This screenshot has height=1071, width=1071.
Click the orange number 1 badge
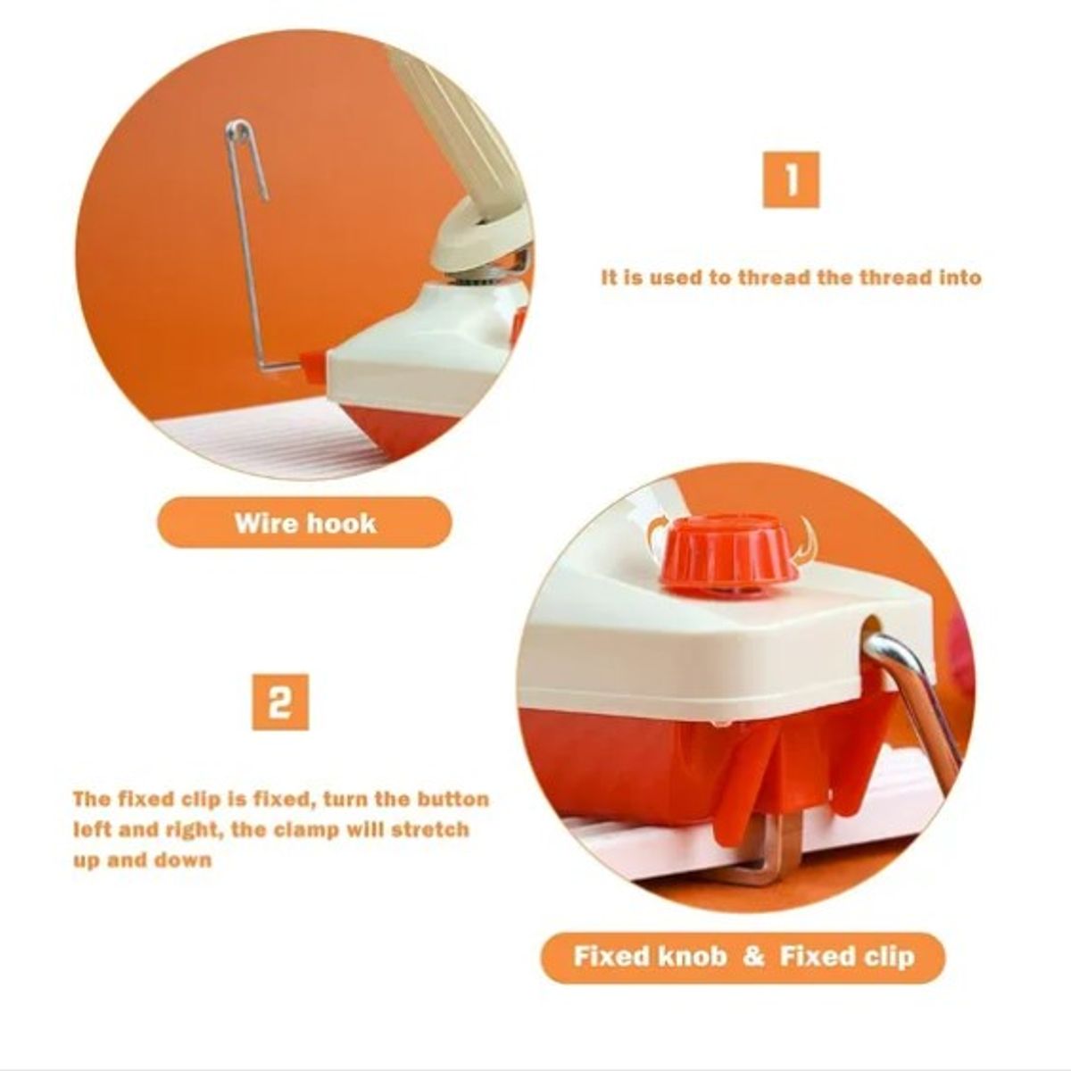[791, 179]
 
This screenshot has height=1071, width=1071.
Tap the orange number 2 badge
[280, 702]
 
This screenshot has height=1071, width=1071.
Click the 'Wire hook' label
[304, 523]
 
